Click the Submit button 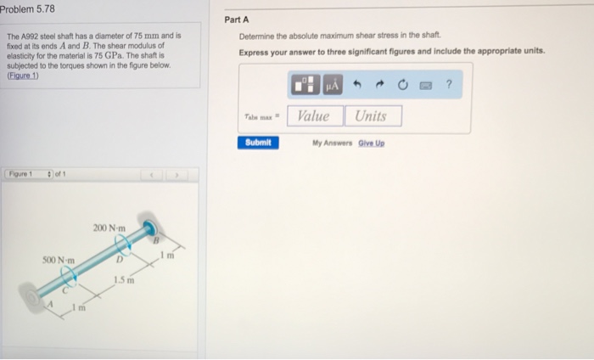pos(257,143)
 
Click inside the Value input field pos(314,116)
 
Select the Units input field pos(372,116)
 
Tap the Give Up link pos(370,143)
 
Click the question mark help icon pos(448,85)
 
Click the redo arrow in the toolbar pos(380,85)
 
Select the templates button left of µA pos(304,85)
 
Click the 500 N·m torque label pos(59,259)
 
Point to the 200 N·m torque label pos(109,228)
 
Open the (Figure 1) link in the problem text pos(23,74)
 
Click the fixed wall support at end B pos(151,228)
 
